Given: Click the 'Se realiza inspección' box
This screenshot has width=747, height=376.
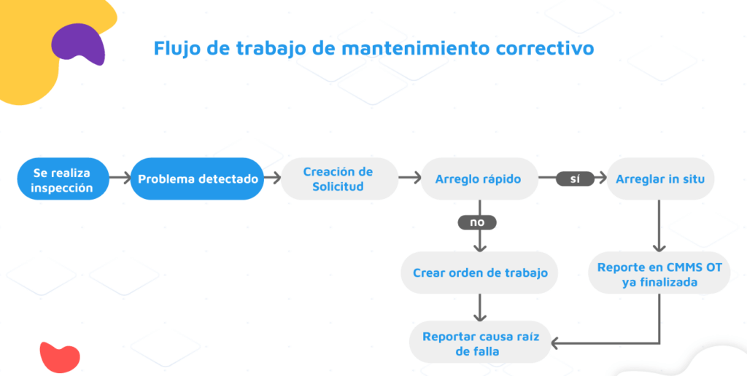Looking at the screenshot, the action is pyautogui.click(x=63, y=179).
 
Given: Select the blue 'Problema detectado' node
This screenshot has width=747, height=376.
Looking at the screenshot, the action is pyautogui.click(x=197, y=179).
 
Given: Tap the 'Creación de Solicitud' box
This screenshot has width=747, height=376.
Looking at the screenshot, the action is pyautogui.click(x=339, y=179).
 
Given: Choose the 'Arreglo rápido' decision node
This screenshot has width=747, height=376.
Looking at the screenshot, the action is pyautogui.click(x=479, y=179).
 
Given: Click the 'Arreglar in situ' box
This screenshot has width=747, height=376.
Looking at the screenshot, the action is pyautogui.click(x=660, y=179).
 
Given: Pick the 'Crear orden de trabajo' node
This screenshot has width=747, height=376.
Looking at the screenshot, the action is pyautogui.click(x=479, y=273).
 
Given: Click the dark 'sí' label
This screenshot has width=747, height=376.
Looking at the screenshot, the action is pyautogui.click(x=575, y=179).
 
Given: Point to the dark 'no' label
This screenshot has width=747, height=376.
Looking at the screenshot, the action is pyautogui.click(x=477, y=222).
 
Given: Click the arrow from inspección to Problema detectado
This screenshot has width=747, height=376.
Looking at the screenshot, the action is pyautogui.click(x=120, y=179).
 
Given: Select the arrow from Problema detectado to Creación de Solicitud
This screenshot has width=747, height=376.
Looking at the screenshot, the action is pyautogui.click(x=273, y=179).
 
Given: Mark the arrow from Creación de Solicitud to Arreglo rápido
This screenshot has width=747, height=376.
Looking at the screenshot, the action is pyautogui.click(x=410, y=179).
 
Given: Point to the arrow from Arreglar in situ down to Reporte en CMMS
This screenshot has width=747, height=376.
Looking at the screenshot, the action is pyautogui.click(x=659, y=226).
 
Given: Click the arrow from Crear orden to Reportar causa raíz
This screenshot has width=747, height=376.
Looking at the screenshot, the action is pyautogui.click(x=480, y=308).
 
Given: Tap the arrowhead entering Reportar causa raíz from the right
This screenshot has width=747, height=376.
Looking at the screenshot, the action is pyautogui.click(x=554, y=342).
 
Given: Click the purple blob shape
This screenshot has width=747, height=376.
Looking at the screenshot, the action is pyautogui.click(x=78, y=44).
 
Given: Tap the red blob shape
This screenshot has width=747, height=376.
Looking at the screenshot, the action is pyautogui.click(x=60, y=357).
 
